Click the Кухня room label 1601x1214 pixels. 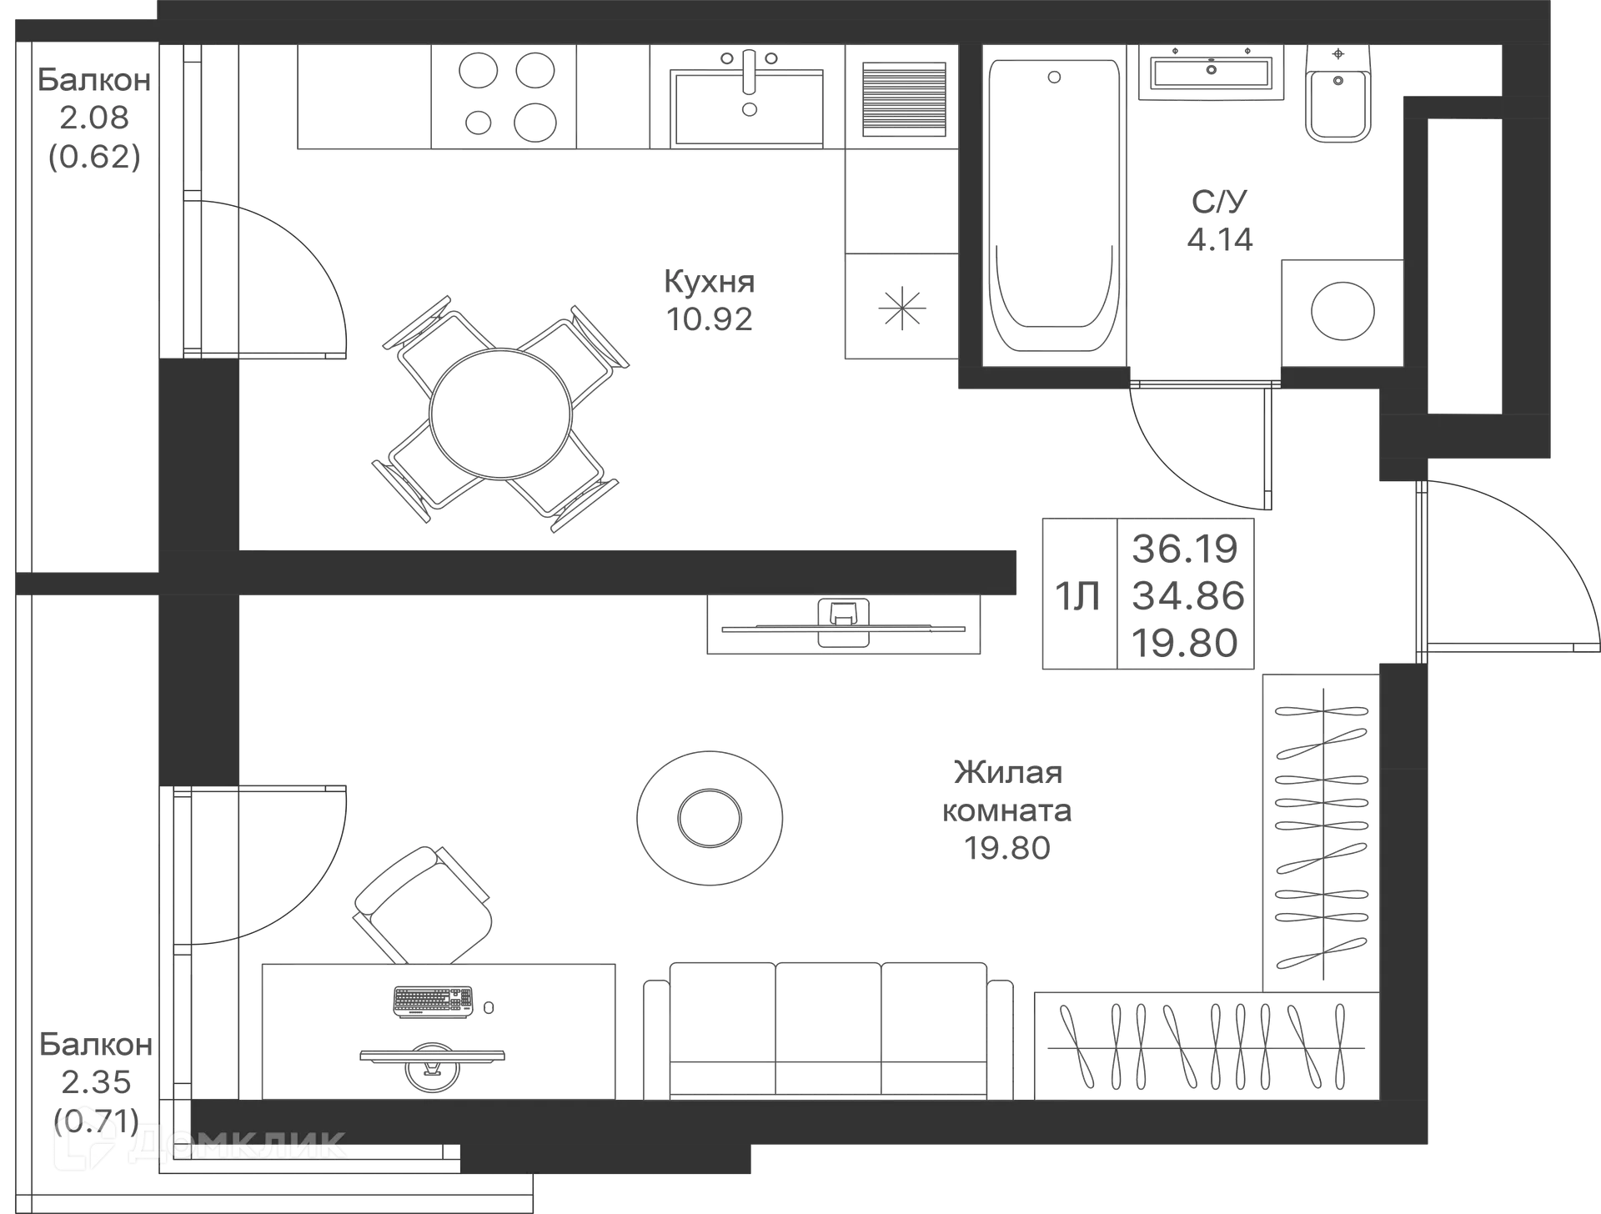[x=709, y=282]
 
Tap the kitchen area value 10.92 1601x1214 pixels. [x=710, y=319]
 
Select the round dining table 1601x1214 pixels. [x=500, y=413]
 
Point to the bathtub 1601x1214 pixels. [x=1053, y=204]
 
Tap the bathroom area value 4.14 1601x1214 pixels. [x=1220, y=240]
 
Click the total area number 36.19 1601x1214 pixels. [x=1185, y=549]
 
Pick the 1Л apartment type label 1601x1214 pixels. [x=1077, y=595]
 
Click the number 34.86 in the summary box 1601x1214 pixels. [x=1187, y=595]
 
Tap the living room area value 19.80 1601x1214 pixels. [x=1007, y=849]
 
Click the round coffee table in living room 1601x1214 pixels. [x=710, y=815]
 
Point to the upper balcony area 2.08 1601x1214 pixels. [x=94, y=118]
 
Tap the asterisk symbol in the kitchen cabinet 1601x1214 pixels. [x=901, y=307]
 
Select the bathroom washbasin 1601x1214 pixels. [x=1209, y=73]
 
